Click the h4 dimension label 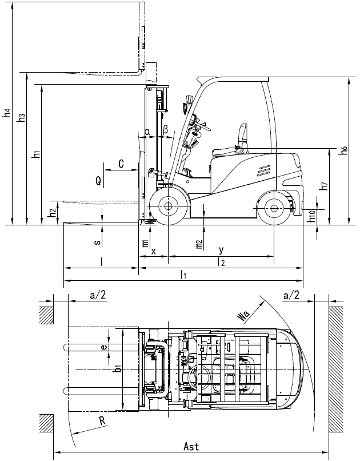point(7,113)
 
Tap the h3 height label point(21,117)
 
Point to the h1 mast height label point(37,153)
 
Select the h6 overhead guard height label point(342,150)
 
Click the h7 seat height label point(323,186)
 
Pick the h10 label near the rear point(311,216)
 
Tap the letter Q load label point(99,181)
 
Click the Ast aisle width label point(191,446)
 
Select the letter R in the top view point(102,421)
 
